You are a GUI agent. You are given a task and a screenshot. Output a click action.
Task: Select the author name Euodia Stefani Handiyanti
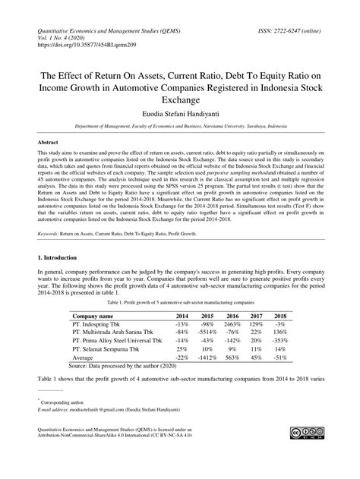coord(180,113)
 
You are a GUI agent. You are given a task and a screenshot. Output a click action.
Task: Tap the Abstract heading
coord(49,142)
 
